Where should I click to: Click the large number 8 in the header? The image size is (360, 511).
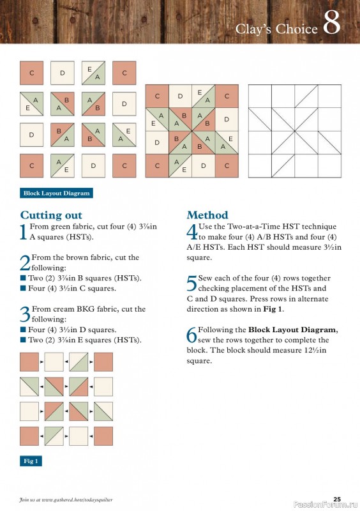pos(331,24)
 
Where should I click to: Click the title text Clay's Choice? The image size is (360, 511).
pos(276,29)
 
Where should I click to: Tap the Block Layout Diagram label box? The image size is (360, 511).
pos(57,193)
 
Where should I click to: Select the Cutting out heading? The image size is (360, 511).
pos(51,215)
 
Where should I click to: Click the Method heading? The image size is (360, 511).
pos(207,215)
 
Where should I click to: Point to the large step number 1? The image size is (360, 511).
pos(24,231)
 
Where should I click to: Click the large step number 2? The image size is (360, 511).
pos(24,262)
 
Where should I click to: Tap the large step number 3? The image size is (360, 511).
pos(24,314)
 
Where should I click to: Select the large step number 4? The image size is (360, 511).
pos(191,231)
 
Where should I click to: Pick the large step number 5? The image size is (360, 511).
pos(191,283)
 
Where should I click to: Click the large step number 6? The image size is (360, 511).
pos(191,335)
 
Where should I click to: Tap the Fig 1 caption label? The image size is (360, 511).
pos(31,461)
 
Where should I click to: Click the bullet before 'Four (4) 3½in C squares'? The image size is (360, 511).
pos(23,289)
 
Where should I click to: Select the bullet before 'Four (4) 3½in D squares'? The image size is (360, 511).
pos(23,330)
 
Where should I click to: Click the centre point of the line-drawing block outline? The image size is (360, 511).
pos(294,131)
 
